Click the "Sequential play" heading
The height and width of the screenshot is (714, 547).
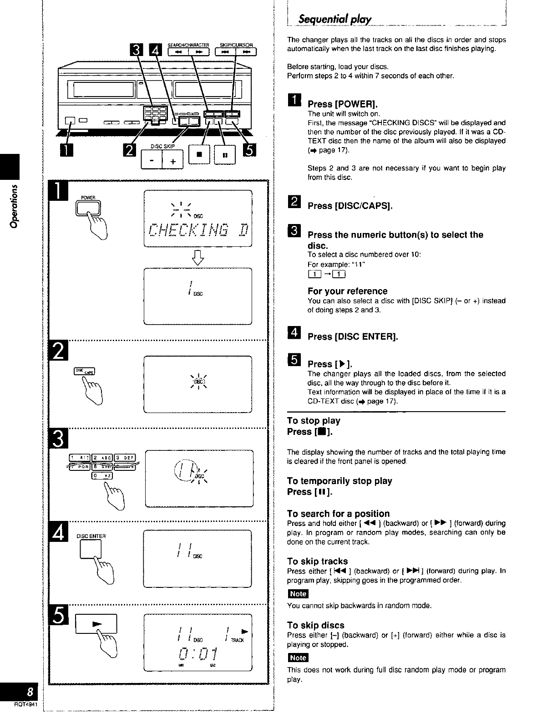334,20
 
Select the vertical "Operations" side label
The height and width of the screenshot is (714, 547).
15,205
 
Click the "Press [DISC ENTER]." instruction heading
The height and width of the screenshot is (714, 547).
353,337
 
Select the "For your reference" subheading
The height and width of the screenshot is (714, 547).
347,291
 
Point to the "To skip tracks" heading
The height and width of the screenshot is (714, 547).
317,561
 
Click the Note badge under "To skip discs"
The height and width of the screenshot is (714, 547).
298,658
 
